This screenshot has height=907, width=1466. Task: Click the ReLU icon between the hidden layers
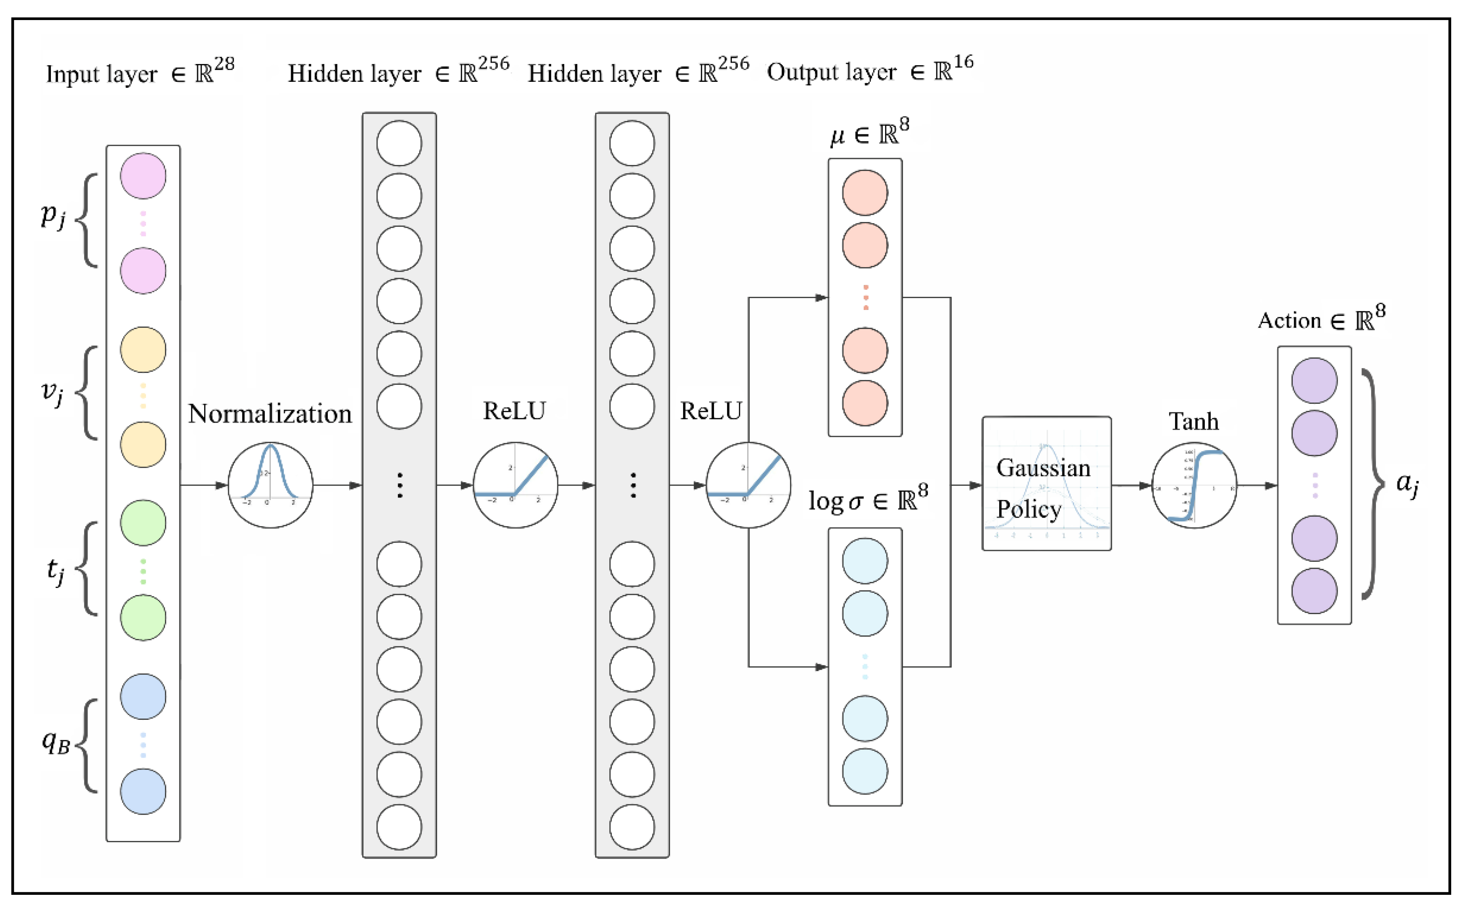(515, 485)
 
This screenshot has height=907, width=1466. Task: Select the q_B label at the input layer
(56, 742)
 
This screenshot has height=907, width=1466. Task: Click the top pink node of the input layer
(143, 176)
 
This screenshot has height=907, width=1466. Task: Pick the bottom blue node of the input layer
(143, 791)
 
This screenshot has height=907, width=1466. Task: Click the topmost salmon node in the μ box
(865, 192)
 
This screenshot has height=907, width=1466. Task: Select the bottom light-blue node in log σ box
(865, 771)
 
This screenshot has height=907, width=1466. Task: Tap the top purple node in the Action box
(1314, 380)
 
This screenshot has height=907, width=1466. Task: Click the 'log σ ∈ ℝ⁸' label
(868, 500)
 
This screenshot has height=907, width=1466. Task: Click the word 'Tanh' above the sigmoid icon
(1193, 422)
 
